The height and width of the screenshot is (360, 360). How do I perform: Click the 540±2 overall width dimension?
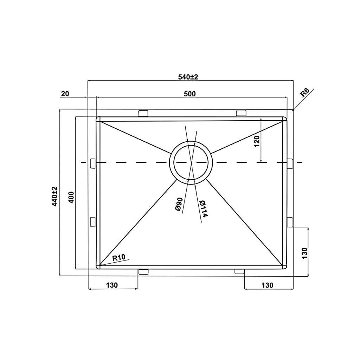point(188,77)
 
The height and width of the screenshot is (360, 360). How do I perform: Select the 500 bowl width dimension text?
point(190,94)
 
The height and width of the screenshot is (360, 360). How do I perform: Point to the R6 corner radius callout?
point(305,93)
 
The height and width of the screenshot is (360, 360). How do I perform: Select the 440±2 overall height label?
point(54,196)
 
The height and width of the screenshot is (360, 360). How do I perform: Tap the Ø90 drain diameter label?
point(178,204)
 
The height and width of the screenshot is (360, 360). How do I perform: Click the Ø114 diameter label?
point(202,209)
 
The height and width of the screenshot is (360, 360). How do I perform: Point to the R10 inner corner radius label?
point(119,258)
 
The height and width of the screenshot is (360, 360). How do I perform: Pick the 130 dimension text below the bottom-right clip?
point(267,285)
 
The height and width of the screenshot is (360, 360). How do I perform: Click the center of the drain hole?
point(191,162)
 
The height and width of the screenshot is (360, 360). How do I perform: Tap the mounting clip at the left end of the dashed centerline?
point(93,163)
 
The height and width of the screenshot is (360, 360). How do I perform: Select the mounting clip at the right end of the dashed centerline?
point(290,163)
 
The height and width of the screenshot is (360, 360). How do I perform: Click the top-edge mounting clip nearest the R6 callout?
point(241,112)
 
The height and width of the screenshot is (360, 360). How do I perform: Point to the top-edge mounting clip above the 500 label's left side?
point(143,112)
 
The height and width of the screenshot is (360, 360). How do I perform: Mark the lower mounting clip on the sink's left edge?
point(93,222)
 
